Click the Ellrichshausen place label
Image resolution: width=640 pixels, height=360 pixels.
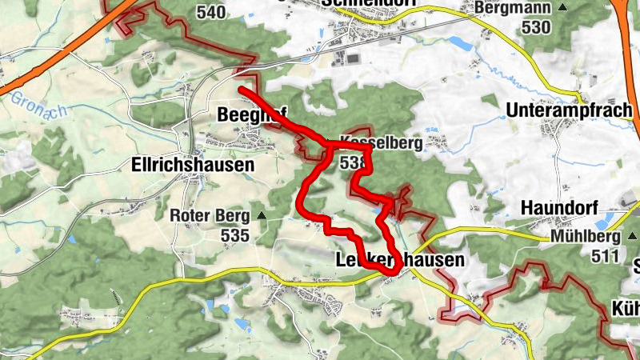pos(191,165)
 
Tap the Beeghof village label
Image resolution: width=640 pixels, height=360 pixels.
pos(251,115)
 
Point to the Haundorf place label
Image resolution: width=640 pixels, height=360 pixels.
pos(559,206)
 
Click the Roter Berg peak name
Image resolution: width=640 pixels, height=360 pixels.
pos(210,216)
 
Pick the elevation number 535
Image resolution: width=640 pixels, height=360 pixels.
pos(237,236)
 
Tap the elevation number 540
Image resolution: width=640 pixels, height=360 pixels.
pos(210,12)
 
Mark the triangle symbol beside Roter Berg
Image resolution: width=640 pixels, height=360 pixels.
pos(262,216)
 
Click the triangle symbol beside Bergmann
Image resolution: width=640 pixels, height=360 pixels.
pos(562,7)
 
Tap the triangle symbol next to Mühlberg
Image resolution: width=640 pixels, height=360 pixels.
pos(630,238)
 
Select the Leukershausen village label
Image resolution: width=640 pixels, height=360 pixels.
pos(397,261)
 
